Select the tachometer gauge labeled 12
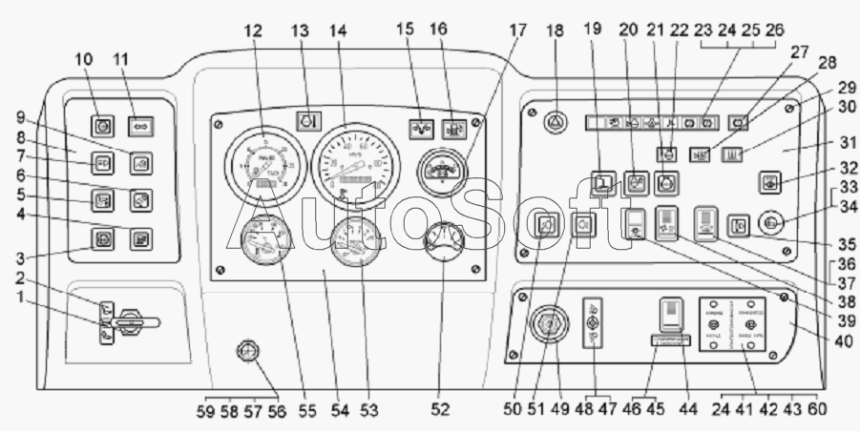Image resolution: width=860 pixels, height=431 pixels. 260,163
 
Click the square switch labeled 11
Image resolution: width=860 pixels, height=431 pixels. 139,124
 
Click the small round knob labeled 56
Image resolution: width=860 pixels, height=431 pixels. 248,355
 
